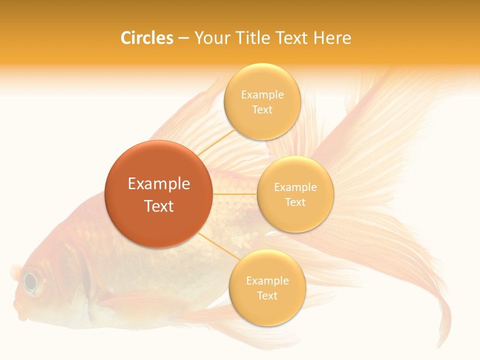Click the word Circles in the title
pyautogui.click(x=147, y=38)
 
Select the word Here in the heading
pyautogui.click(x=332, y=38)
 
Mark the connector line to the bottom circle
pyautogui.click(x=218, y=245)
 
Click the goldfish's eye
pyautogui.click(x=31, y=282)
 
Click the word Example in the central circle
pyautogui.click(x=159, y=184)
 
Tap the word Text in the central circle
pyautogui.click(x=159, y=206)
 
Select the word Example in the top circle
pyautogui.click(x=262, y=94)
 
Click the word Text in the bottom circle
pyautogui.click(x=267, y=295)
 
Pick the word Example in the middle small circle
pyautogui.click(x=295, y=187)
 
